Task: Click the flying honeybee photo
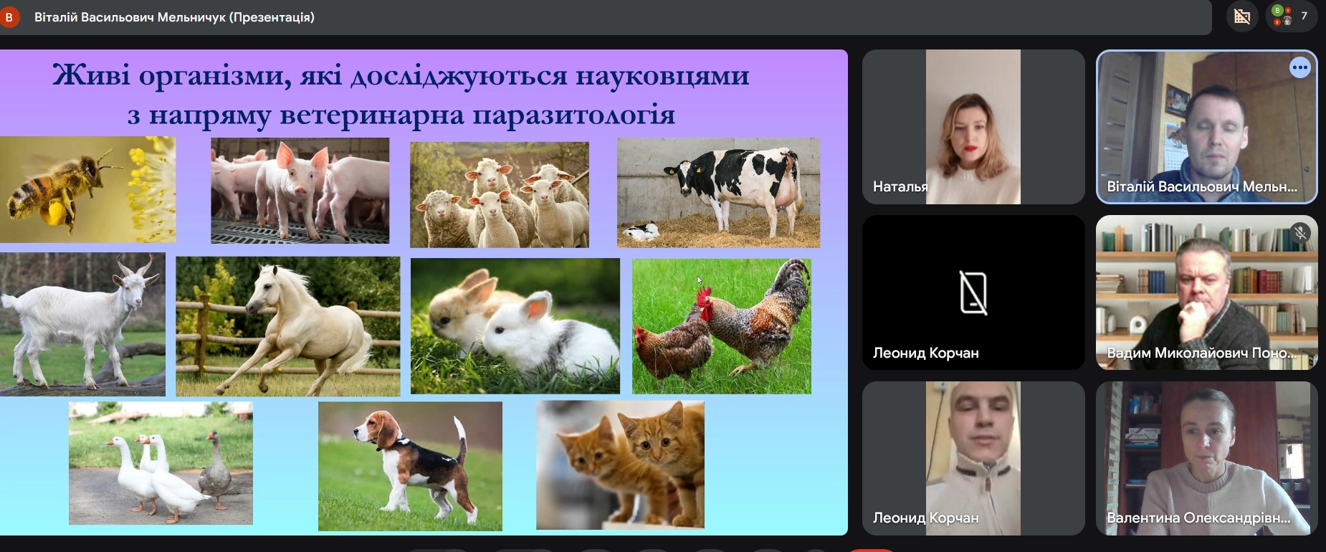[x=87, y=190]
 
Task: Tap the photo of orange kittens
[x=620, y=465]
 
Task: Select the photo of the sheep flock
[x=500, y=194]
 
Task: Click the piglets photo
[x=300, y=191]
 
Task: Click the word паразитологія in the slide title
[x=573, y=115]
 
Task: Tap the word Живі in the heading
[x=91, y=75]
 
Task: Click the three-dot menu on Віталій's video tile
[x=1299, y=68]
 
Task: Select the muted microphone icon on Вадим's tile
[x=1300, y=232]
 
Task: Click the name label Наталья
[x=900, y=186]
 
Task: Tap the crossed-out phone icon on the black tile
[x=973, y=292]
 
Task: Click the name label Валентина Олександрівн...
[x=1198, y=518]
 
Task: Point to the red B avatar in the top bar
[x=9, y=17]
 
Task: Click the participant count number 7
[x=1304, y=16]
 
